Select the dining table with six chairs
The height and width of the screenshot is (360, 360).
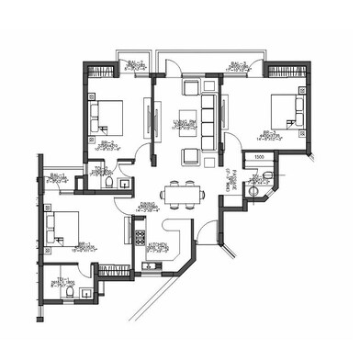pyautogui.click(x=180, y=194)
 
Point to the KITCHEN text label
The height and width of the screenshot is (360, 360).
pyautogui.click(x=160, y=244)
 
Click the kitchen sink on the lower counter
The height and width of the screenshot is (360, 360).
pyautogui.click(x=150, y=267)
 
